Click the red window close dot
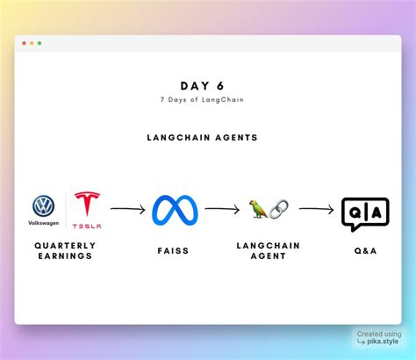point(24,43)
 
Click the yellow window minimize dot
point(32,43)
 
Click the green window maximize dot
point(39,43)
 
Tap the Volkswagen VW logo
point(44,206)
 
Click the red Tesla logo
point(87,206)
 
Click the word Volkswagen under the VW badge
point(44,223)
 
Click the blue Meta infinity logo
point(175,211)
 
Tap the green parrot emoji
point(258,209)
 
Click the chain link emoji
point(278,210)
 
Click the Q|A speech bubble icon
point(364,213)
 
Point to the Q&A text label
point(364,250)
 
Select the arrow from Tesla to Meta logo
point(128,210)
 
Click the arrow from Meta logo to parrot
point(222,210)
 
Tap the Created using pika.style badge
point(380,338)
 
